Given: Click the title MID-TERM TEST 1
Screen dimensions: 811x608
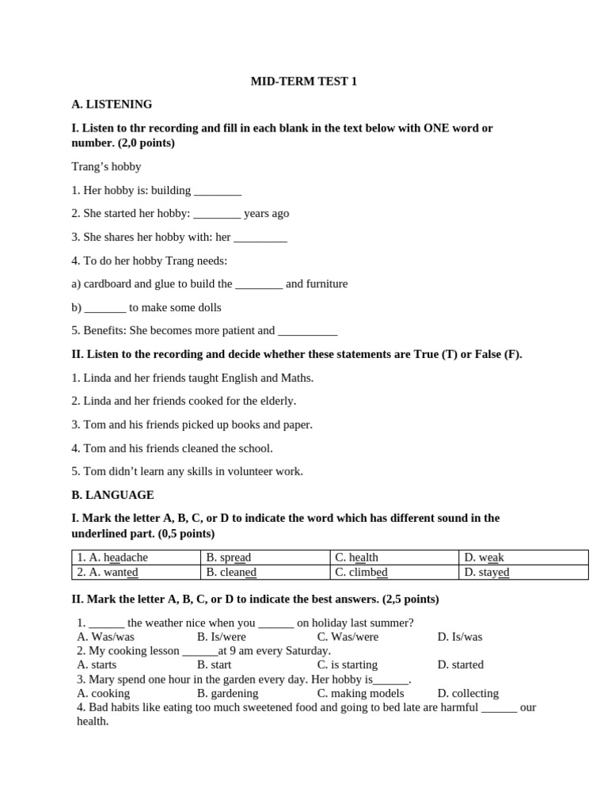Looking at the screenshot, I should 304,81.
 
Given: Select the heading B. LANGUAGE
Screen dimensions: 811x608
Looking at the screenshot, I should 112,495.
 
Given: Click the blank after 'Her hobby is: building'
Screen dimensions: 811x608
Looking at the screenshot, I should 218,191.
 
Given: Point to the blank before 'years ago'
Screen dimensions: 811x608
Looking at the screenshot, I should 217,214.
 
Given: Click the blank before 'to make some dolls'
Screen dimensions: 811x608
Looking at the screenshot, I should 105,308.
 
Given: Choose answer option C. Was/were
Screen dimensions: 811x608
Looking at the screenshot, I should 348,637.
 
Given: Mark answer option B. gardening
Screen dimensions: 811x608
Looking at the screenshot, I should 228,694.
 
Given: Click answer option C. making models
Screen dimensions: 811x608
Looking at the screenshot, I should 361,694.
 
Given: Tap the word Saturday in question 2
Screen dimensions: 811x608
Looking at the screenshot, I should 306,651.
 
